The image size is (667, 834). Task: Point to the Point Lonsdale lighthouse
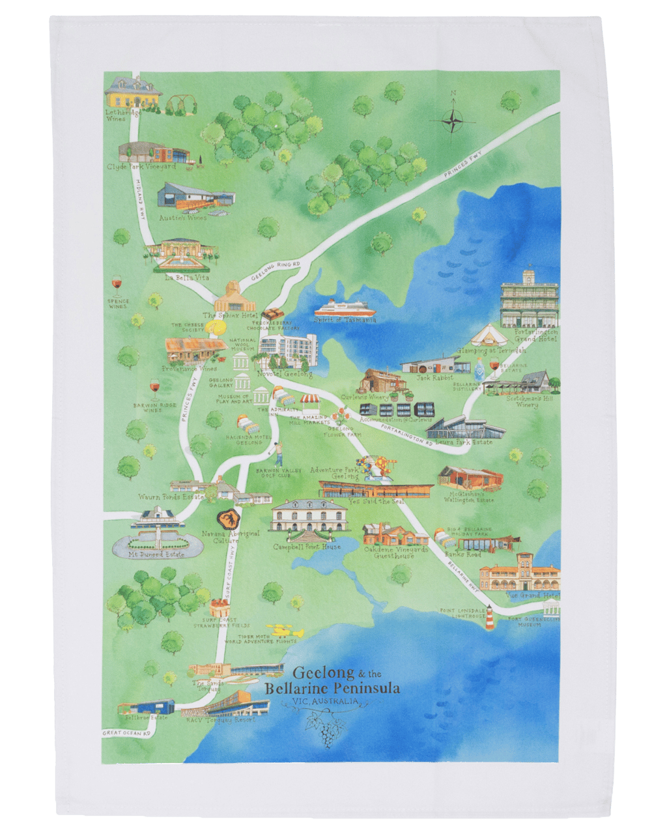pyautogui.click(x=488, y=620)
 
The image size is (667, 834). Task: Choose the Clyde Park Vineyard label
pyautogui.click(x=141, y=167)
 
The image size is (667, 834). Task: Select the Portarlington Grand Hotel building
pyautogui.click(x=529, y=299)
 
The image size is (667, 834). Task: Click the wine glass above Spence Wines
pyautogui.click(x=117, y=285)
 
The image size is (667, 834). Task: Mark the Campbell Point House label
pyautogui.click(x=307, y=547)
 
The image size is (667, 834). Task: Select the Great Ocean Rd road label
pyautogui.click(x=126, y=734)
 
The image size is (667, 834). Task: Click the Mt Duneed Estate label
pyautogui.click(x=156, y=554)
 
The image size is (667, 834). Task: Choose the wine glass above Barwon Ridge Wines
pyautogui.click(x=154, y=389)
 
